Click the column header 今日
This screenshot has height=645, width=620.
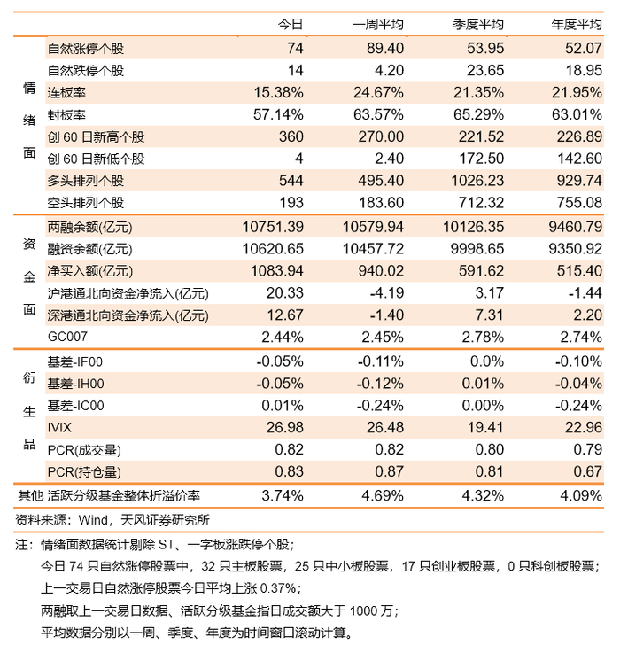click(x=291, y=24)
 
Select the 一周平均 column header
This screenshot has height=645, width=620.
click(x=378, y=24)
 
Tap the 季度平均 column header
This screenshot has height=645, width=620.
click(x=477, y=24)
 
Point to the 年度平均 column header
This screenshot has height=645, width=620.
click(x=577, y=24)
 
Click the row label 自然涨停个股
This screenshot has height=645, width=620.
click(x=86, y=48)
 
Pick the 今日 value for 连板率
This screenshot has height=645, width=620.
click(x=279, y=92)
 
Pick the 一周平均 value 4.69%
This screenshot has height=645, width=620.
click(x=384, y=496)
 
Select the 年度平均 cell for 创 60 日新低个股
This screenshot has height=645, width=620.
click(x=582, y=159)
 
